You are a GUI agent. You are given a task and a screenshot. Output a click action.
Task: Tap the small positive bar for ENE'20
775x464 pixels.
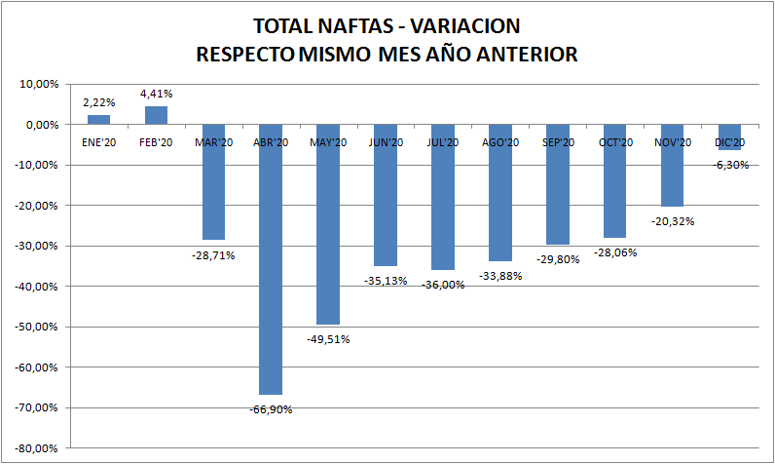(99, 120)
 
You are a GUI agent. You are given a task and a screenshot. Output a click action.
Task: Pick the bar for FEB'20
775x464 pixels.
(156, 116)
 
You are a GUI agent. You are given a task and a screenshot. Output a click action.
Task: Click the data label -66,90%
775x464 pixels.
(271, 409)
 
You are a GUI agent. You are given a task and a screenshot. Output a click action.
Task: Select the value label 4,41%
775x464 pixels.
(157, 94)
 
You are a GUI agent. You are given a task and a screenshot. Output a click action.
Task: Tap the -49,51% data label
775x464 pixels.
(328, 339)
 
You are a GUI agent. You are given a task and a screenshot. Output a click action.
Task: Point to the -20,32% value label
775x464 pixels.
(672, 221)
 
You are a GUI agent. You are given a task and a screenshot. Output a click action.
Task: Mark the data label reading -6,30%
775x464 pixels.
(730, 165)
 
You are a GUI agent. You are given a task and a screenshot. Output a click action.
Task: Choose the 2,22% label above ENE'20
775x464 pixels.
(99, 102)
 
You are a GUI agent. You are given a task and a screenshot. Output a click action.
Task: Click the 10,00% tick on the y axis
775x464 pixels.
(40, 84)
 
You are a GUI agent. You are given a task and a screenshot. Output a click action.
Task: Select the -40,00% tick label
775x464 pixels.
(38, 287)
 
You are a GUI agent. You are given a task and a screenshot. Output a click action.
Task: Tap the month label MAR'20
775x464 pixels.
(213, 142)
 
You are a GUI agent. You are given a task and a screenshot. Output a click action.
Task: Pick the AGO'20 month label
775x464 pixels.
(500, 142)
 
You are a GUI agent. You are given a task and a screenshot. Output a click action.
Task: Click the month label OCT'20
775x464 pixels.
(615, 142)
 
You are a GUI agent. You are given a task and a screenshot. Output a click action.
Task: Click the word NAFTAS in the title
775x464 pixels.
(342, 25)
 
